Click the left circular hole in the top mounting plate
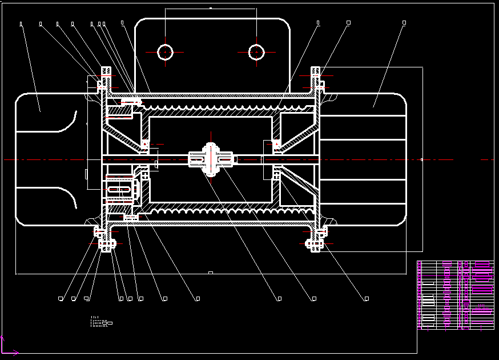[x=165, y=52]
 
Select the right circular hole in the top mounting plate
[x=256, y=52]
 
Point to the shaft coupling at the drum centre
[x=211, y=159]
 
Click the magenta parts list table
[x=455, y=295]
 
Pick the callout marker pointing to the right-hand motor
[x=404, y=23]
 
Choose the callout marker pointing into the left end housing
[x=21, y=23]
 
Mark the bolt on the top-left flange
[x=106, y=75]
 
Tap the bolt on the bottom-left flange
[x=106, y=244]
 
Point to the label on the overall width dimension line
[x=210, y=273]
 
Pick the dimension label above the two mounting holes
[x=211, y=8]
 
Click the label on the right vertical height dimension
[x=422, y=159]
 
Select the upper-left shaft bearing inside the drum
[x=145, y=144]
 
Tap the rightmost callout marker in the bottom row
[x=367, y=298]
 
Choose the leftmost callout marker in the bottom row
[x=61, y=298]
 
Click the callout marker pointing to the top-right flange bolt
[x=348, y=23]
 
